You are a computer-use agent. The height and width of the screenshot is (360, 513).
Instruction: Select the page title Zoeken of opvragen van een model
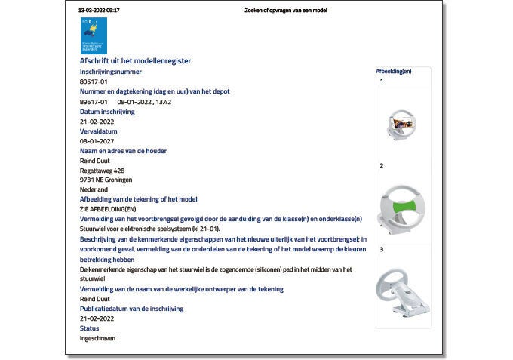[x=285, y=11]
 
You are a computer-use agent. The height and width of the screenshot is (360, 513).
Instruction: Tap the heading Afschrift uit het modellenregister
[x=135, y=60]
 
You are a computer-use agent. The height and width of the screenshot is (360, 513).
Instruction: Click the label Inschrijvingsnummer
[x=111, y=71]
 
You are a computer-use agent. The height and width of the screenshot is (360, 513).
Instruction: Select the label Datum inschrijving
[x=107, y=112]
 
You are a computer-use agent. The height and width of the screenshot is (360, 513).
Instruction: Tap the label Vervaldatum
[x=99, y=131]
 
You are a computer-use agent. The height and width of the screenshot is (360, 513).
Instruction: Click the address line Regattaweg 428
[x=103, y=171]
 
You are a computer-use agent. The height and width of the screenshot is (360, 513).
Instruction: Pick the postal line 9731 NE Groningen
[x=111, y=180]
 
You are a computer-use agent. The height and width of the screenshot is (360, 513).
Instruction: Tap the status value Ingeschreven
[x=100, y=338]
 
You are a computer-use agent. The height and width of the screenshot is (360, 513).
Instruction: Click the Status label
[x=90, y=328]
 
